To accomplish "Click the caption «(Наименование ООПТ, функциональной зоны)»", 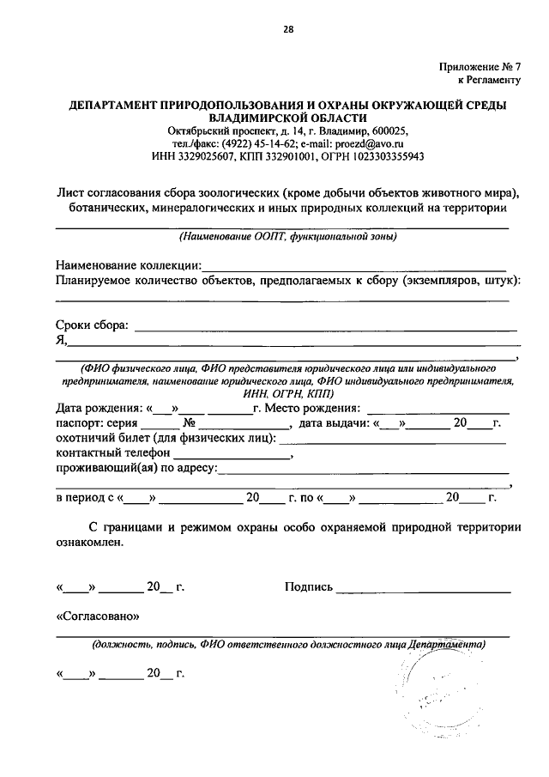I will pyautogui.click(x=287, y=237).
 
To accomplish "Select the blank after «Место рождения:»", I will pyautogui.click(x=437, y=408).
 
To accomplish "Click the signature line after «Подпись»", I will pyautogui.click(x=424, y=591).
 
